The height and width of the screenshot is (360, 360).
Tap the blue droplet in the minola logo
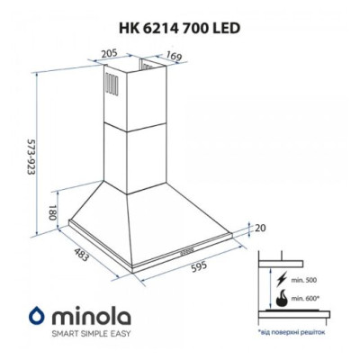pos(36,314)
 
